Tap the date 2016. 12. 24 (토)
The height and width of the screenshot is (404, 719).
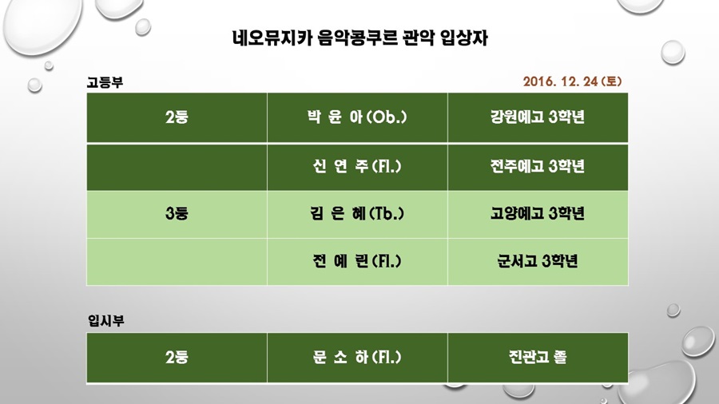(x=572, y=81)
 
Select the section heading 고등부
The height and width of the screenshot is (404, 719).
(x=105, y=82)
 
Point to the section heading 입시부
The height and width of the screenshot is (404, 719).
(x=106, y=320)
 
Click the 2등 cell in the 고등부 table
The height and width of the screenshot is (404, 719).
(x=177, y=117)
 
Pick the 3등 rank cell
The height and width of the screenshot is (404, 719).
(x=177, y=213)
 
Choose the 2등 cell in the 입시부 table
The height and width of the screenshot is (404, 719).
(x=177, y=357)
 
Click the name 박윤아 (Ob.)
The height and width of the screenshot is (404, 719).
(x=357, y=117)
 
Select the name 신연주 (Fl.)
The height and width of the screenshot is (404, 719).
(x=357, y=166)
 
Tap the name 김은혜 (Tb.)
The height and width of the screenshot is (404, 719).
(x=357, y=213)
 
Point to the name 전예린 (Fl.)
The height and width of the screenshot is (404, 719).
(x=357, y=261)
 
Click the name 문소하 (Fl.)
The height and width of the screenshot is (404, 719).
(x=357, y=357)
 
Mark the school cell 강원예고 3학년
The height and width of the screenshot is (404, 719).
(x=538, y=117)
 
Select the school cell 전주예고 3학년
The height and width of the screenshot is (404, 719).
(x=538, y=166)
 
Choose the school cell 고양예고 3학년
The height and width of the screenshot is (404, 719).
(x=538, y=213)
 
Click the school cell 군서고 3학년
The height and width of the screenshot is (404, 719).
(x=538, y=261)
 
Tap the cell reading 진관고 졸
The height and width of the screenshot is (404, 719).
(x=538, y=357)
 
